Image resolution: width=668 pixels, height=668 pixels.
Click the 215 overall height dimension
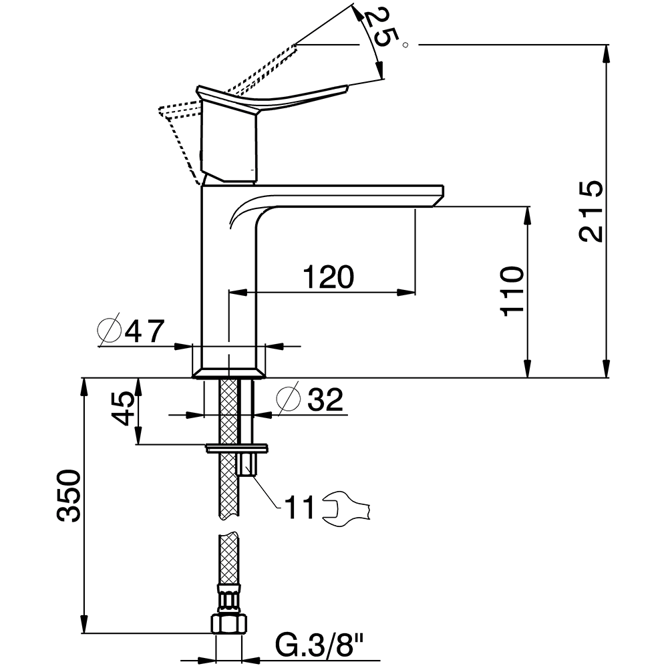click(x=591, y=211)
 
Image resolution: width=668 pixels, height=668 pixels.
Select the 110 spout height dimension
click(x=512, y=291)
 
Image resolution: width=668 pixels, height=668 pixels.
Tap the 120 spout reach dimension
click(x=328, y=277)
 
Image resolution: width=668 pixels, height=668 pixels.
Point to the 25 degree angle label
click(x=379, y=27)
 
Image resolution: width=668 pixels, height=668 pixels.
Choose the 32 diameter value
click(x=325, y=399)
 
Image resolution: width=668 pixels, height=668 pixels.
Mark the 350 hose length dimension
click(x=69, y=496)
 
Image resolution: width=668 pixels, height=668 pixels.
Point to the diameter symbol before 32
click(x=289, y=399)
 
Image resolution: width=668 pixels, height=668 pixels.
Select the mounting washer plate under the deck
click(x=237, y=448)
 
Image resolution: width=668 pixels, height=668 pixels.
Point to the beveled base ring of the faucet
click(x=229, y=373)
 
